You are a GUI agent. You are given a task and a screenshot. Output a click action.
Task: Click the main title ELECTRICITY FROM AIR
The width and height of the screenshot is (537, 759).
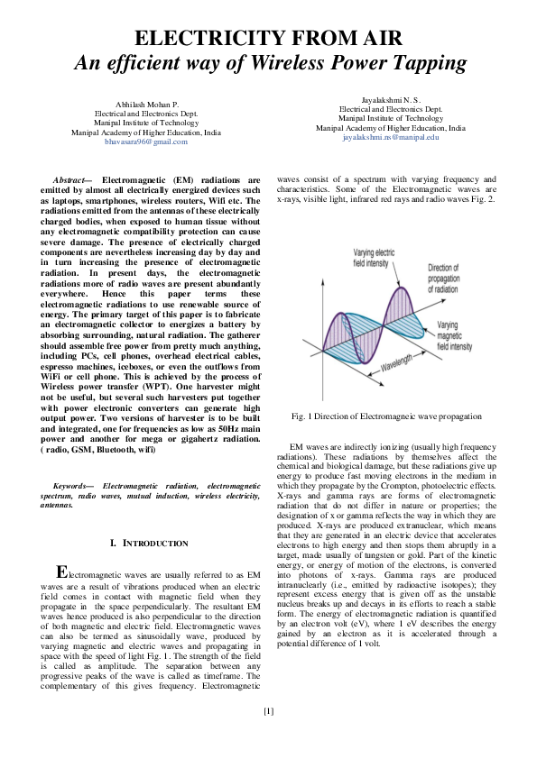click(x=268, y=39)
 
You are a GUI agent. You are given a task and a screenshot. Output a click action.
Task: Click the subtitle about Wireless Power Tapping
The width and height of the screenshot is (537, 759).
click(x=268, y=63)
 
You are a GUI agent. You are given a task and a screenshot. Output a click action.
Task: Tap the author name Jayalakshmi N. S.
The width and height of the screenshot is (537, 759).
click(x=390, y=97)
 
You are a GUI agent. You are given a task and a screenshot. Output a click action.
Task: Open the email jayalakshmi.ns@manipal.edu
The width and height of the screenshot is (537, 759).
click(x=390, y=137)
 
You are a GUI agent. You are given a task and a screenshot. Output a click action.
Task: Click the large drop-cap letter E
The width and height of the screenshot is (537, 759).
click(x=61, y=573)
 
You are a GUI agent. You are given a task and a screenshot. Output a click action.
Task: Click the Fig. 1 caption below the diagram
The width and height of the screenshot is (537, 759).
click(x=386, y=416)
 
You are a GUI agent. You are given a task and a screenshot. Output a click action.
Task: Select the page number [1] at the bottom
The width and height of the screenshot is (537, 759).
click(x=268, y=711)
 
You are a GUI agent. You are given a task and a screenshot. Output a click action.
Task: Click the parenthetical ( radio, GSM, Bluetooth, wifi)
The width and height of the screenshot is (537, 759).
click(x=105, y=449)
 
